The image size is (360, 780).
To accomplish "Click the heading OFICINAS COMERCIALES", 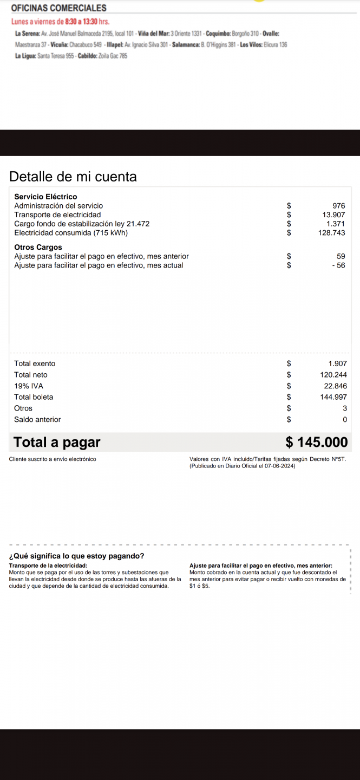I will pos(58,8).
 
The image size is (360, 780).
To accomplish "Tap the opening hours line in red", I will pos(60,22).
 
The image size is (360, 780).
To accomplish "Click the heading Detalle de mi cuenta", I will pos(73,177).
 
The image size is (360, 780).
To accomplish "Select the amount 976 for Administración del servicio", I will pos(338,206).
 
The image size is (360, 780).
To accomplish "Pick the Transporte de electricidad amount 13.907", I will pos(333,214).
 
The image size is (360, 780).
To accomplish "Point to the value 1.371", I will pos(336,224).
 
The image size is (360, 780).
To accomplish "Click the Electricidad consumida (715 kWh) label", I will pos(71,233).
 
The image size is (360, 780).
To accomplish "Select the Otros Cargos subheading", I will pos(38,248).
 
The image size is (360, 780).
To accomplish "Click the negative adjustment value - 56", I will pos(338,265).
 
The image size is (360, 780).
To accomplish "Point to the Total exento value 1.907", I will pos(337,363).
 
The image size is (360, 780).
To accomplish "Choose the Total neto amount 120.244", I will pos(333,375).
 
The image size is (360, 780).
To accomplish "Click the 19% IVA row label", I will pos(29,386).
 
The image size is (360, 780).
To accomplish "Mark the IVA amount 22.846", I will pos(335,386).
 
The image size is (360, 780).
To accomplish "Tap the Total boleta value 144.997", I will pos(333,397).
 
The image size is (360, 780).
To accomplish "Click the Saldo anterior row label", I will pos(37,420).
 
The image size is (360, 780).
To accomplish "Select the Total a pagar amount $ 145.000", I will pos(316,443).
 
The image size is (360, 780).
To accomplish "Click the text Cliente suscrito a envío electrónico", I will pos(53,459).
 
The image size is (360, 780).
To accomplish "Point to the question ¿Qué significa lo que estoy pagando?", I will pos(77,556).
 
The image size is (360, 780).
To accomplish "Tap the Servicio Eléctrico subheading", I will pos(45,197).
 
